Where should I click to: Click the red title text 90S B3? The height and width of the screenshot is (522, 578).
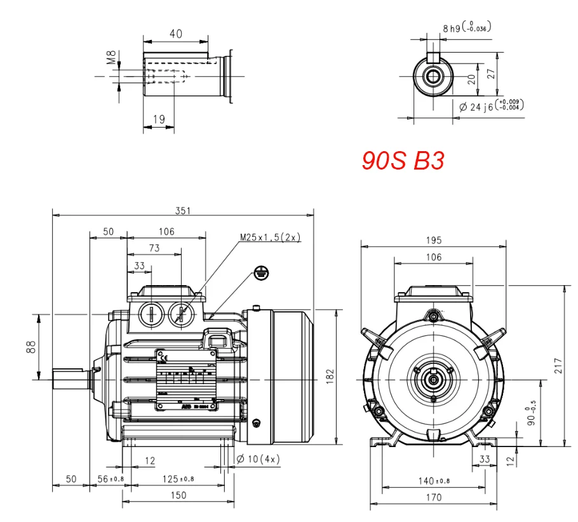[x=403, y=161]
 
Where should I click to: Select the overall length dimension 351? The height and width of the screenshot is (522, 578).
[x=183, y=211]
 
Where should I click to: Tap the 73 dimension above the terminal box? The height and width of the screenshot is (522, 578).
[x=154, y=248]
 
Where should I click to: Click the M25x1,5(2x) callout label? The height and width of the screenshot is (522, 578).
[x=270, y=237]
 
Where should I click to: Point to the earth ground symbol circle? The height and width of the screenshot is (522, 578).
[x=260, y=272]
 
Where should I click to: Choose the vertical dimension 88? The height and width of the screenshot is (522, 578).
[x=30, y=347]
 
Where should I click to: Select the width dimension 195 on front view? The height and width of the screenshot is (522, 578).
[x=433, y=241]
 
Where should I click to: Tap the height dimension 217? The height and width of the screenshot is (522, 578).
[x=558, y=367]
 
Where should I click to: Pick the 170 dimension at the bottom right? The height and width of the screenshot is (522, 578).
[x=433, y=497]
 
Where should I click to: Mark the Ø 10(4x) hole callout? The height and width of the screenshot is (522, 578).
[x=258, y=459]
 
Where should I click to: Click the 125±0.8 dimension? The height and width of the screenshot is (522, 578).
[x=178, y=478]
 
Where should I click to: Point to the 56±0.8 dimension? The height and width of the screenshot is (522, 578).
[x=111, y=478]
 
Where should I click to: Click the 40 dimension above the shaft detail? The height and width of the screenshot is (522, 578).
[x=175, y=34]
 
